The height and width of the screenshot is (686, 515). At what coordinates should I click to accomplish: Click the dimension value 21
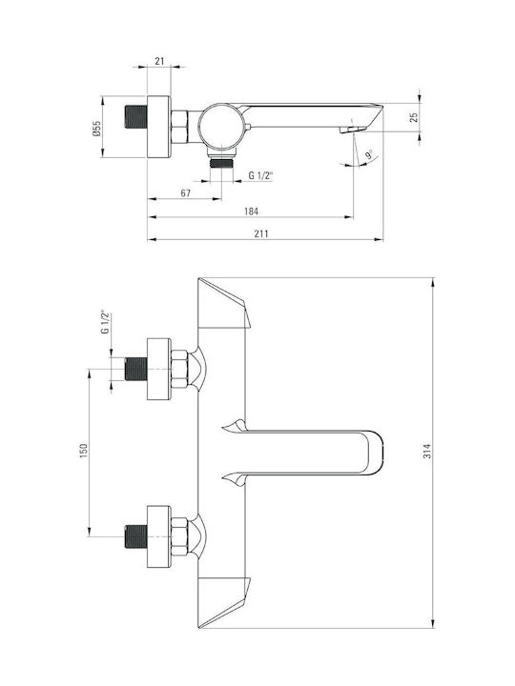[x=159, y=61]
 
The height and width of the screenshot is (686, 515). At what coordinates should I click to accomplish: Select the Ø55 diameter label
[x=96, y=129]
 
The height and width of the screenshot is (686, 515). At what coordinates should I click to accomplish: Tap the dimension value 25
[x=414, y=117]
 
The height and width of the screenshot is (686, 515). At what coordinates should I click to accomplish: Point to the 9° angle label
[x=369, y=154]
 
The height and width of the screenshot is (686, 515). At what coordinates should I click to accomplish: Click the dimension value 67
[x=186, y=192]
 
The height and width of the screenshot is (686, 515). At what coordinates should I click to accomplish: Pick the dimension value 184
[x=251, y=212]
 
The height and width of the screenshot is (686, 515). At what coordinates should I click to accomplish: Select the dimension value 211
[x=261, y=234]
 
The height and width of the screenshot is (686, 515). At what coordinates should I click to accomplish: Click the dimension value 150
[x=84, y=451]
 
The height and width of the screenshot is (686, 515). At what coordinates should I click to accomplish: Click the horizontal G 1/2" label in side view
[x=260, y=176]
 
